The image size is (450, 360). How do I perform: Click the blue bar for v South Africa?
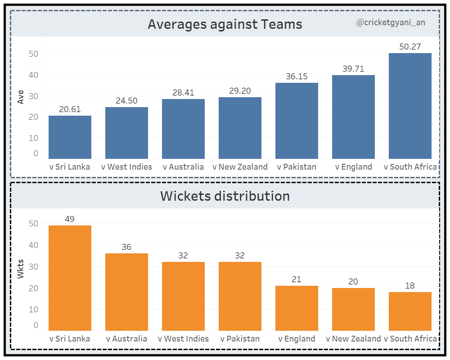(410, 106)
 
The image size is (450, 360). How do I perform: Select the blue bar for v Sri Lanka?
(70, 137)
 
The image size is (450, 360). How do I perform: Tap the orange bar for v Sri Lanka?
(70, 278)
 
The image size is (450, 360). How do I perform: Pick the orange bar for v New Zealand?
(353, 310)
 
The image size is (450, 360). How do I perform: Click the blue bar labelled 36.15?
(297, 121)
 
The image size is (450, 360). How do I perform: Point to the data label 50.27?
(410, 47)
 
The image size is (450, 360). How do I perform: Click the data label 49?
(70, 219)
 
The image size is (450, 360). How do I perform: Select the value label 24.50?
(126, 100)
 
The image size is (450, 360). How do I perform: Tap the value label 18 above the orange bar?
(410, 286)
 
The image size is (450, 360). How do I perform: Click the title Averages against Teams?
(225, 24)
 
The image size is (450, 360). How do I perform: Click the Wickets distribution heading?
(225, 196)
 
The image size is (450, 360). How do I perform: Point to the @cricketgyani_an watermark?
(391, 22)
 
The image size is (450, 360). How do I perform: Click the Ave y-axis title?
(20, 97)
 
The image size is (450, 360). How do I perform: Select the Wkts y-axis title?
(20, 268)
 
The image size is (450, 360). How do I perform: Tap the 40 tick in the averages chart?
(33, 75)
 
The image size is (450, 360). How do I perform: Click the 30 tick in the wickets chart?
(33, 266)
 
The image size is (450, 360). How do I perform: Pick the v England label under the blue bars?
(354, 167)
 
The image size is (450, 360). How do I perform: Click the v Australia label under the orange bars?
(126, 339)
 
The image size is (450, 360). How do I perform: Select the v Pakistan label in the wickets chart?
(240, 339)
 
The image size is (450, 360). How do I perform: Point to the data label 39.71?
(353, 69)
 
